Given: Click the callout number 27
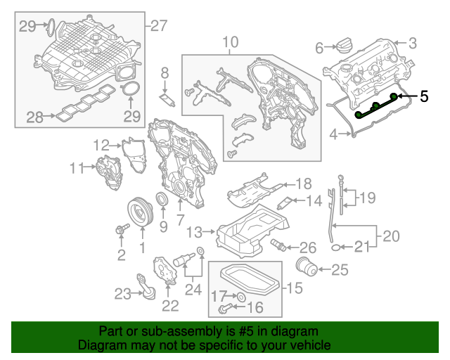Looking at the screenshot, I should (160, 26).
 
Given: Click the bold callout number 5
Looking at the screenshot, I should (423, 96).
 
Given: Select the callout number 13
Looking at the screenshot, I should (194, 231).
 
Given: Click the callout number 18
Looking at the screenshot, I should (302, 184).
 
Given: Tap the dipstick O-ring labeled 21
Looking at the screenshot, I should (337, 247).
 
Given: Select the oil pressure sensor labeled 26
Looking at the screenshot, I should (279, 245).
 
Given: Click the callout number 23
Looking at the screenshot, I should (123, 293).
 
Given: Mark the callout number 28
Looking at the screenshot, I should (35, 117).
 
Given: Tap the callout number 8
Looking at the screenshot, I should (165, 72).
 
